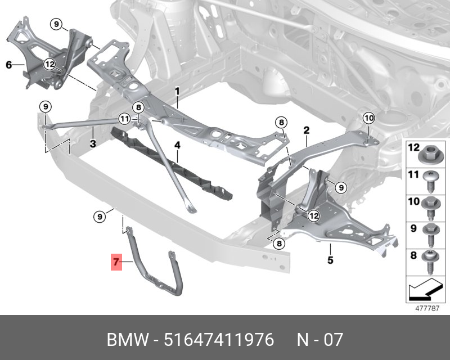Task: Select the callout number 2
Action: (307, 130)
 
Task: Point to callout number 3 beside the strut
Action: (93, 144)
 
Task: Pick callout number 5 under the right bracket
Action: (330, 260)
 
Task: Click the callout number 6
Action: (8, 65)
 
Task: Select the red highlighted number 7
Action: (116, 262)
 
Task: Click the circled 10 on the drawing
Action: (368, 118)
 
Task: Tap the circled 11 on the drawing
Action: (124, 119)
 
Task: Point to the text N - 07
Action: (319, 340)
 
